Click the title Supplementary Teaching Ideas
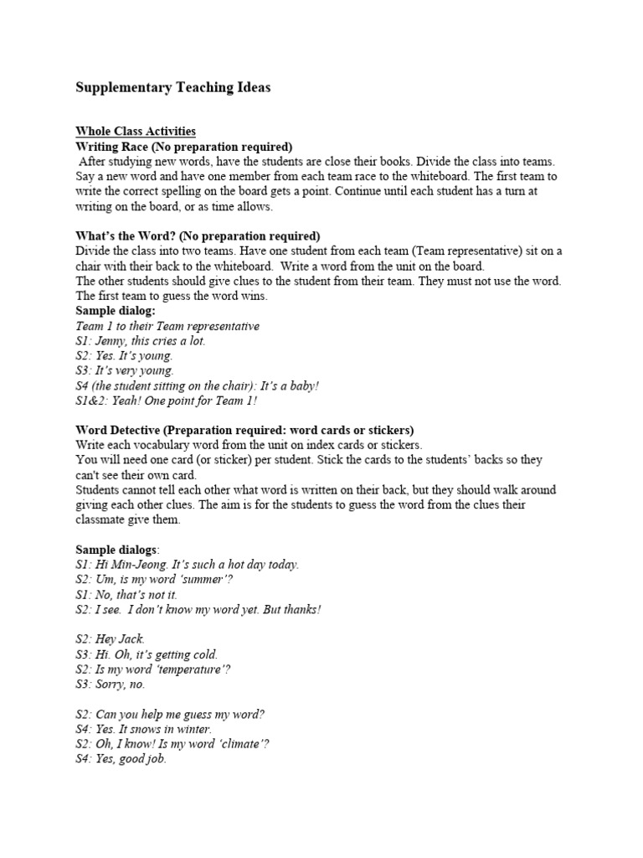(173, 88)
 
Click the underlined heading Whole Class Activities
(136, 132)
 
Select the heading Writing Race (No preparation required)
(184, 147)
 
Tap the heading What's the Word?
(198, 235)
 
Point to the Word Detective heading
(244, 431)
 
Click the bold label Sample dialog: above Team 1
(110, 311)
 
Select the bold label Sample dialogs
(116, 550)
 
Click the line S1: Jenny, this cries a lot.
(141, 341)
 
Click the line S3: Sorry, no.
(111, 684)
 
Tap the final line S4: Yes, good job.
(121, 759)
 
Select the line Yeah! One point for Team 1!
(171, 401)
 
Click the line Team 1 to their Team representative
(167, 326)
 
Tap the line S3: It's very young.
(125, 370)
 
